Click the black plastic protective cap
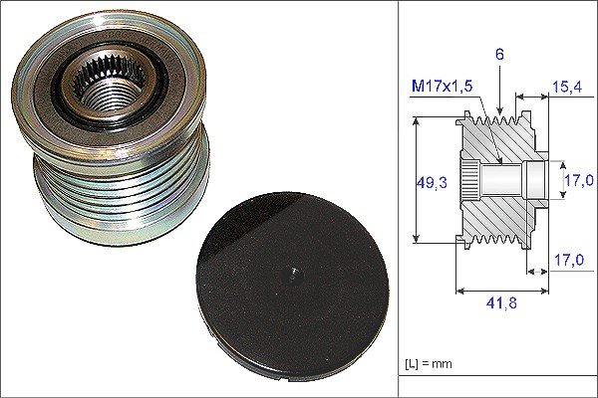(x=292, y=287)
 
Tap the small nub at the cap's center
(x=292, y=274)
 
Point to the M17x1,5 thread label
(x=442, y=87)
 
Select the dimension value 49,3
(x=432, y=183)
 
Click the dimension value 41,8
(x=501, y=303)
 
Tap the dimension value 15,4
(x=567, y=87)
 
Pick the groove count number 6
(x=499, y=54)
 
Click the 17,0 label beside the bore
(x=579, y=180)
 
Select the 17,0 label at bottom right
(x=569, y=260)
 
